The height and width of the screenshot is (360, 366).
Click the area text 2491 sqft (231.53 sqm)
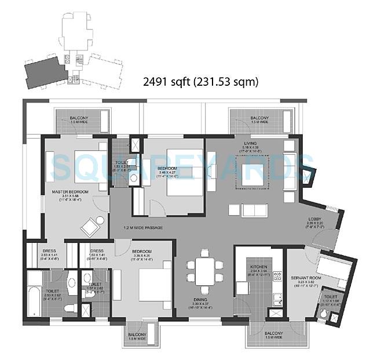coord(200,82)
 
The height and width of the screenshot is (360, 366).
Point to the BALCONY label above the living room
coord(250,118)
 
